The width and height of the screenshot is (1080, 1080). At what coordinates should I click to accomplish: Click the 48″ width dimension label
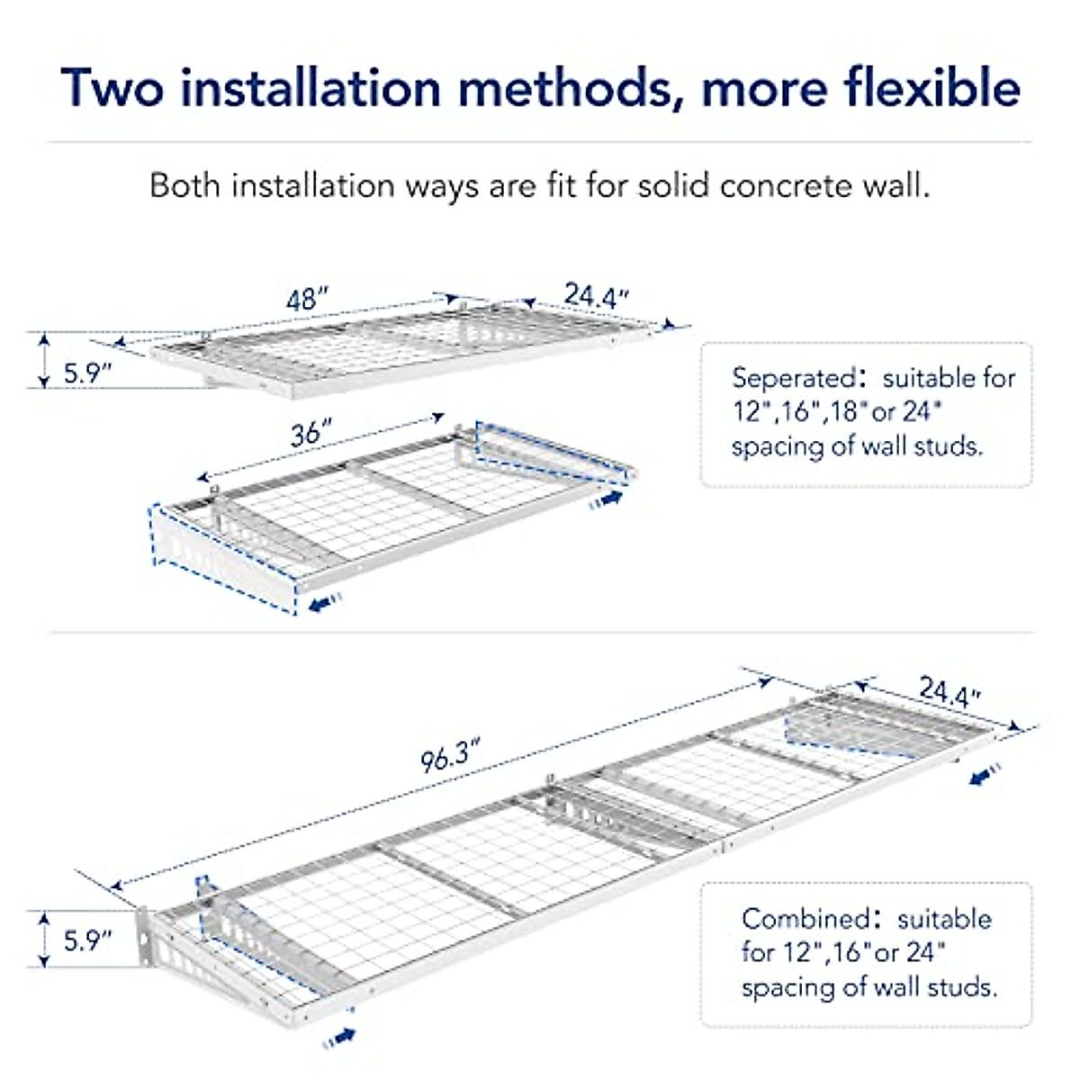pos(307,300)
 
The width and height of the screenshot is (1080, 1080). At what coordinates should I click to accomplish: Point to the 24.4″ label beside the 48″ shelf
pos(596,295)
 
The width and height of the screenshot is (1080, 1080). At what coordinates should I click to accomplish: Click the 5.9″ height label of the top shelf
pos(86,373)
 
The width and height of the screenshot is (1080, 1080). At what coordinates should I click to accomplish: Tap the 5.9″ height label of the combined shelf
pos(86,940)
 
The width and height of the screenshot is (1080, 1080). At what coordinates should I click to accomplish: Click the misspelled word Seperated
pos(792,378)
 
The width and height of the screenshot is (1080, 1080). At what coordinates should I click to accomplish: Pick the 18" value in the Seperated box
pos(842,412)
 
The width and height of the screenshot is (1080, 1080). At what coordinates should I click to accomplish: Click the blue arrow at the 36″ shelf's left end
pos(325,603)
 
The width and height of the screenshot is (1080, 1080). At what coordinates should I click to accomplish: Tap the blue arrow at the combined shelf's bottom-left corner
pos(339,1039)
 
